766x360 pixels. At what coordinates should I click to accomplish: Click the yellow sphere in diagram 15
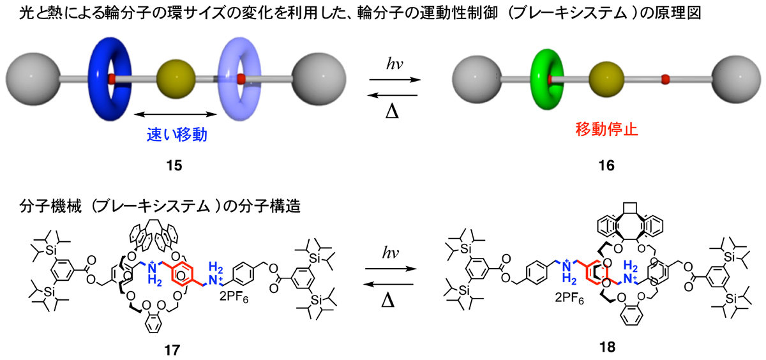point(175,80)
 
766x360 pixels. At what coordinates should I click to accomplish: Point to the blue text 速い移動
point(174,135)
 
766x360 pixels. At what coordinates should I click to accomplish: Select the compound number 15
point(173,166)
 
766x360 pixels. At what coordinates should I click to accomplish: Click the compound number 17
point(172,349)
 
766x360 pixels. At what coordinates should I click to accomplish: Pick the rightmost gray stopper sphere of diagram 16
point(740,80)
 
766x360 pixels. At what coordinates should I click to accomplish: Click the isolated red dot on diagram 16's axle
point(665,79)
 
